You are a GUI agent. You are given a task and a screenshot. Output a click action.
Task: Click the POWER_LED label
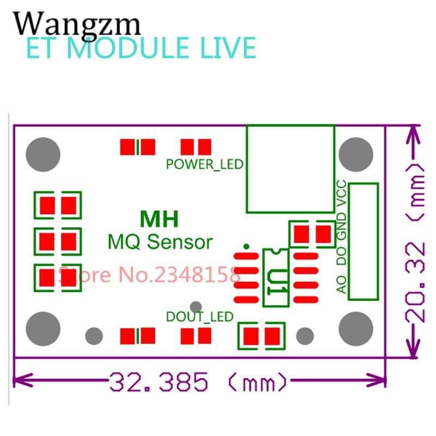click(x=204, y=163)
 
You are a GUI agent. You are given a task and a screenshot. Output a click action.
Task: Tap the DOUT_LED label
click(x=199, y=316)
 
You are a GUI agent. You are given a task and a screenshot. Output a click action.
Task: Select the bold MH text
click(x=159, y=220)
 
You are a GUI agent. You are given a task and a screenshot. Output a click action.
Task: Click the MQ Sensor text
click(x=160, y=240)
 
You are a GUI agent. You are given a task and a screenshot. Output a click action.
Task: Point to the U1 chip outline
click(x=276, y=277)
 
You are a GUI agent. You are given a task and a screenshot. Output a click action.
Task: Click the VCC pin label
click(x=342, y=192)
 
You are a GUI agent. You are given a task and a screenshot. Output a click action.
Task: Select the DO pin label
click(x=342, y=257)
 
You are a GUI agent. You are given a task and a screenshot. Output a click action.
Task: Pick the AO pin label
click(x=342, y=284)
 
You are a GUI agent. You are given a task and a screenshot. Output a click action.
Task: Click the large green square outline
click(x=290, y=168)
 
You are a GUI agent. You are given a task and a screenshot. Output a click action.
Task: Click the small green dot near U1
click(x=246, y=246)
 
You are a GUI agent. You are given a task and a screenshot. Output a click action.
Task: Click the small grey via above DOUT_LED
click(x=196, y=307)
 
